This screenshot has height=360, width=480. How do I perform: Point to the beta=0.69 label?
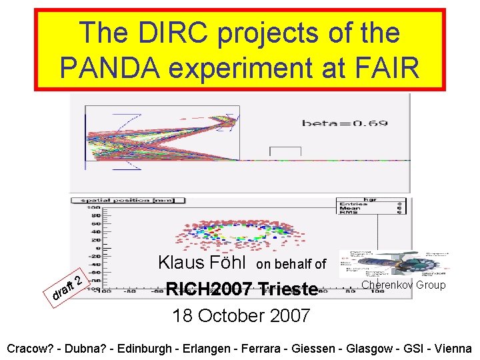[345, 123]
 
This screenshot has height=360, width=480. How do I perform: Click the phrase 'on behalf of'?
[291, 265]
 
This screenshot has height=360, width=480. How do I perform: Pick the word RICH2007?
[208, 289]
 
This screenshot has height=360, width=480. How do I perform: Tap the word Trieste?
[287, 289]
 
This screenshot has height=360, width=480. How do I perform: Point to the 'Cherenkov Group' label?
[403, 285]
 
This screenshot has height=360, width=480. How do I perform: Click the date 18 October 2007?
[241, 315]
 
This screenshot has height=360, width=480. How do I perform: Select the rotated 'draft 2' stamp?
[68, 285]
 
